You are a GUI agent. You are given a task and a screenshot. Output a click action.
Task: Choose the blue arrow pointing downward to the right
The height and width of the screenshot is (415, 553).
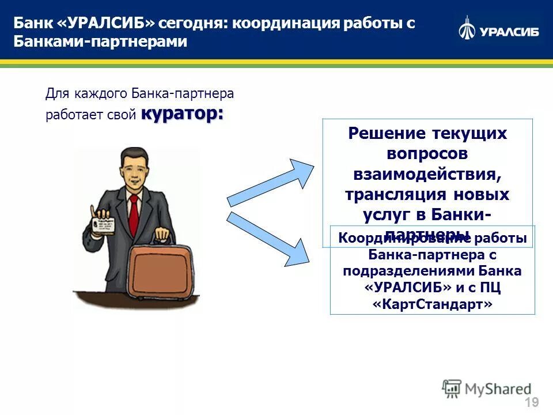click(268, 238)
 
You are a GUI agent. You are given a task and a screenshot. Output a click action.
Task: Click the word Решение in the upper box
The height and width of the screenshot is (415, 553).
click(383, 133)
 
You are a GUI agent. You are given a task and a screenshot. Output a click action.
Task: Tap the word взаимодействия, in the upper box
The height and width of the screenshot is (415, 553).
click(427, 174)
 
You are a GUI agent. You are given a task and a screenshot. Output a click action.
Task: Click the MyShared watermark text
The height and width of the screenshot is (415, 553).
click(498, 388)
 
